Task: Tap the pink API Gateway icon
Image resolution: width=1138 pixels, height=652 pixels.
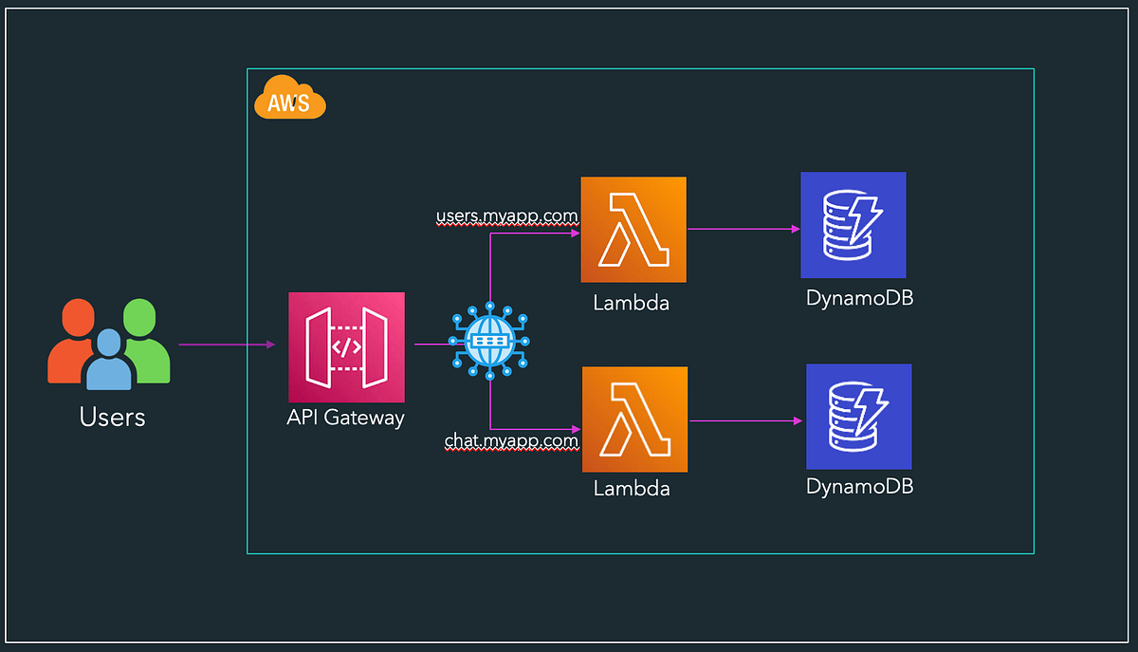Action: pyautogui.click(x=345, y=347)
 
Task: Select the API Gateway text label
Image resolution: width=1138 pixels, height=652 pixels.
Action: pyautogui.click(x=345, y=418)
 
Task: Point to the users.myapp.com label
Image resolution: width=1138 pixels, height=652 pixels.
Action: pyautogui.click(x=506, y=216)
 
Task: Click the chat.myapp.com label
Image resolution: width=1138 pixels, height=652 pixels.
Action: pyautogui.click(x=511, y=440)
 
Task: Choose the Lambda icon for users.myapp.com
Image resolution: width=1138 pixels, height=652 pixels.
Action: pyautogui.click(x=633, y=229)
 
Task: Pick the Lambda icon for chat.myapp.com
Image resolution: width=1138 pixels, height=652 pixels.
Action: pyautogui.click(x=633, y=419)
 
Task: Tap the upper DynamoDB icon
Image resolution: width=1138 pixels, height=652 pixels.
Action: pyautogui.click(x=853, y=225)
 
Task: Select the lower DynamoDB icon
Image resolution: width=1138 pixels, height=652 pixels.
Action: pyautogui.click(x=858, y=417)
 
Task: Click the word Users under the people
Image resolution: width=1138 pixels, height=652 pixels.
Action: pyautogui.click(x=112, y=417)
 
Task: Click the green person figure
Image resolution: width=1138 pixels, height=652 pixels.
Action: pyautogui.click(x=145, y=337)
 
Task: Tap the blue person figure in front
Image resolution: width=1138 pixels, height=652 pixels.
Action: pyautogui.click(x=109, y=361)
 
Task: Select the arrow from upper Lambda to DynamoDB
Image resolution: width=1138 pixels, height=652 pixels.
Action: pyautogui.click(x=742, y=229)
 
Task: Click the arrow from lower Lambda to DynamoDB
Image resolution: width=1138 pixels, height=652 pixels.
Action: pyautogui.click(x=744, y=419)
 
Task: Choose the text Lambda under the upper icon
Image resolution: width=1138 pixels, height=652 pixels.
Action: pyautogui.click(x=632, y=304)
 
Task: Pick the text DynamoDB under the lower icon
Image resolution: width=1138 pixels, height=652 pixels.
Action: pyautogui.click(x=859, y=487)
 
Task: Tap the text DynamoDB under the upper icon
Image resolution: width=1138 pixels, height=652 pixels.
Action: pyautogui.click(x=859, y=298)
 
